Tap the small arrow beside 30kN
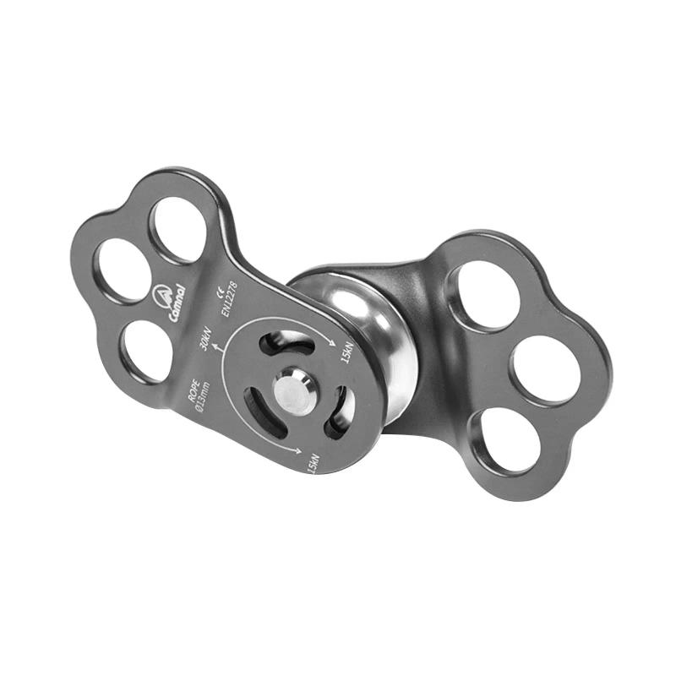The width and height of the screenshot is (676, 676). [219, 346]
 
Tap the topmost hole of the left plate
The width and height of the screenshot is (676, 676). [179, 230]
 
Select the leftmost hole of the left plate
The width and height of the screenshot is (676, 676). [123, 270]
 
